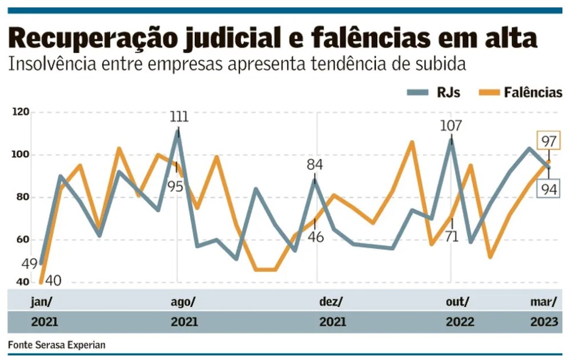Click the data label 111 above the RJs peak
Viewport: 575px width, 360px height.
point(179,118)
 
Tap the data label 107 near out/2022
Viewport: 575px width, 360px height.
point(451,126)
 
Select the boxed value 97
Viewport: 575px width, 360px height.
point(549,140)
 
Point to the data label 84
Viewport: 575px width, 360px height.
point(315,165)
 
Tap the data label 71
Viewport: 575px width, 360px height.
point(451,236)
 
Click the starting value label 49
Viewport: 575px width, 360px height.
point(29,264)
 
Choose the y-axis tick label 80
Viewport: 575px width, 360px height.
point(22,197)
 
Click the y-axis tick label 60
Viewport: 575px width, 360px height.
point(22,240)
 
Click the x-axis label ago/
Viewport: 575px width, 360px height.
point(183,301)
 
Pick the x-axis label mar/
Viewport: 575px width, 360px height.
point(544,301)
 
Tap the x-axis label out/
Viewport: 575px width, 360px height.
point(458,301)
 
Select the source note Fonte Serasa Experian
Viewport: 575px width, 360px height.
point(57,345)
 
